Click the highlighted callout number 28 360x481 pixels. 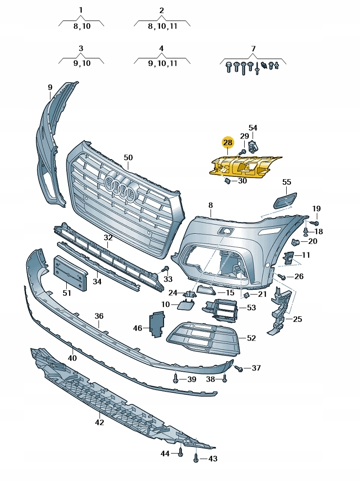coord(227,143)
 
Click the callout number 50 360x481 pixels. coord(128,158)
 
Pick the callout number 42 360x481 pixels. coord(99,422)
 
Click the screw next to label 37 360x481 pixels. coord(239,369)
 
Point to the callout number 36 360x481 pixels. coord(99,316)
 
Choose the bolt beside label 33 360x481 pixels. coord(165,270)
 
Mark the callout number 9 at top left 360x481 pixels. coord(50,87)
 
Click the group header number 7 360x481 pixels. coord(254,49)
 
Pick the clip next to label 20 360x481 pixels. coord(295,242)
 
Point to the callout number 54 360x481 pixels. coord(253,127)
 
